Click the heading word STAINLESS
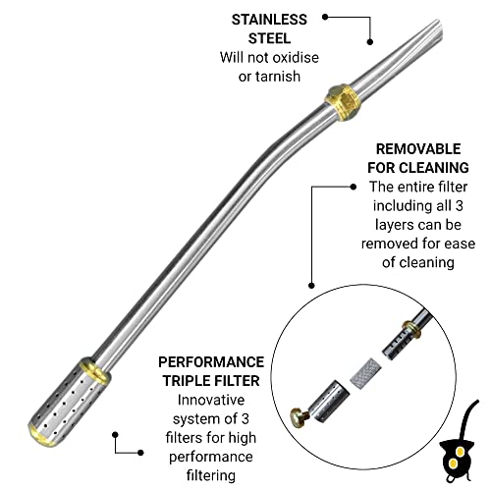(x=269, y=20)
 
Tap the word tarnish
(x=278, y=77)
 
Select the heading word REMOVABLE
(x=418, y=149)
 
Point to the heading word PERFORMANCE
(x=211, y=362)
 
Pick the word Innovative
(x=211, y=400)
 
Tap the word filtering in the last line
(x=211, y=475)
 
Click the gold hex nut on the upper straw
(x=343, y=102)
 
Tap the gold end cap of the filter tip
(x=41, y=434)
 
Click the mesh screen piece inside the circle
(x=365, y=371)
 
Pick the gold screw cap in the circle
(x=299, y=416)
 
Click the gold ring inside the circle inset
(x=411, y=329)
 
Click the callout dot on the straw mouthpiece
(x=370, y=42)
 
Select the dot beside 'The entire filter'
(x=353, y=187)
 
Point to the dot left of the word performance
(x=140, y=453)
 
